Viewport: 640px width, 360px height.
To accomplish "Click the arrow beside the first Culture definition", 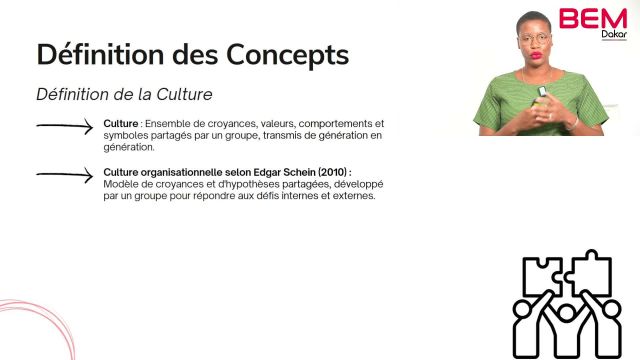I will point(66,126).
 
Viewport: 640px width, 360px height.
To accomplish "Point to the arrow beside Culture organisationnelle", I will point(66,175).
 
